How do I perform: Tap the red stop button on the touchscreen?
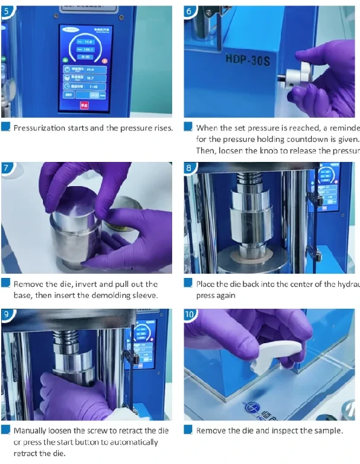[x=84, y=105]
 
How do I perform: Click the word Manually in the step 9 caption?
[x=32, y=431]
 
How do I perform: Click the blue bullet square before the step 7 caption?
[x=5, y=283]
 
